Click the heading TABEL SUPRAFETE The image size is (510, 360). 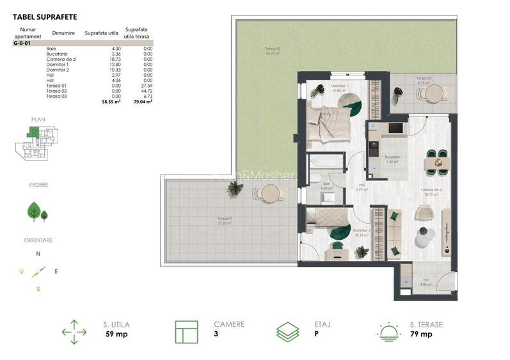(40, 18)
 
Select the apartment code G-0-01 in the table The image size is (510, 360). (22, 43)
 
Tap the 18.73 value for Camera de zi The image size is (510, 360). (115, 58)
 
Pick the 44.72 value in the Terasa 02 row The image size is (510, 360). (147, 90)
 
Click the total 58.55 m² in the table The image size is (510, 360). (111, 101)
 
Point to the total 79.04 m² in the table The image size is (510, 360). (143, 101)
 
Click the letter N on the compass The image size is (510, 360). (38, 254)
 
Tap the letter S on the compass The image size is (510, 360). (38, 289)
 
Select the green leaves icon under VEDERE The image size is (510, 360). (36, 211)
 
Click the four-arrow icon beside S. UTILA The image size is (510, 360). (74, 333)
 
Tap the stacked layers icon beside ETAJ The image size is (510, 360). (287, 333)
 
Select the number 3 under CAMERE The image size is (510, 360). (216, 334)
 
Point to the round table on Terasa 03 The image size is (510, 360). (433, 94)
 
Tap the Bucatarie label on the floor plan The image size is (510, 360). (392, 157)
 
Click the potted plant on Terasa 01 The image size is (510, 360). (235, 188)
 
